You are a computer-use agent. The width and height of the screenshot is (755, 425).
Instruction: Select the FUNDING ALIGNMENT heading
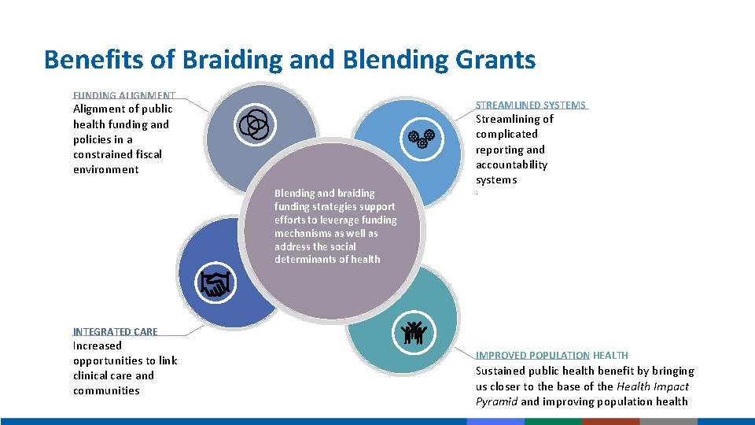pos(124,96)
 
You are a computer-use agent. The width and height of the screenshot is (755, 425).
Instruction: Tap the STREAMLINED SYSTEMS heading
pos(531,105)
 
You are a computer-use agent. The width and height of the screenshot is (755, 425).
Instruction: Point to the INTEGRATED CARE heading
pos(116,331)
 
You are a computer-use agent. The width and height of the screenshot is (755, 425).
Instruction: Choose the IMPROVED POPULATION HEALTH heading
pos(552,355)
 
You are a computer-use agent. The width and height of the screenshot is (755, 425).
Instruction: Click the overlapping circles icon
pos(254,124)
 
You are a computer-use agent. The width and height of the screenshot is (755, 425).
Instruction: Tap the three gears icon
pos(422,139)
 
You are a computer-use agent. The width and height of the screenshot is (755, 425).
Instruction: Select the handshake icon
pos(214,283)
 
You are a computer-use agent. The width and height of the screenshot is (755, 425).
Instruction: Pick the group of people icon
pos(413,333)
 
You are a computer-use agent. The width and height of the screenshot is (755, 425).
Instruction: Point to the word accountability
pos(511,164)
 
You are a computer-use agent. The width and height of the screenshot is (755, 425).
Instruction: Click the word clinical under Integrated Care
pos(93,375)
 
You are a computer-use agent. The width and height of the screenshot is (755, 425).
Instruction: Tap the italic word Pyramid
pos(495,401)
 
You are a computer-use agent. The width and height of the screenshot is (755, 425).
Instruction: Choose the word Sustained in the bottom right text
pos(502,371)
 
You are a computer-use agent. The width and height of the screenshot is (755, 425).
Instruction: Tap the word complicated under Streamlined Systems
pos(507,134)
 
